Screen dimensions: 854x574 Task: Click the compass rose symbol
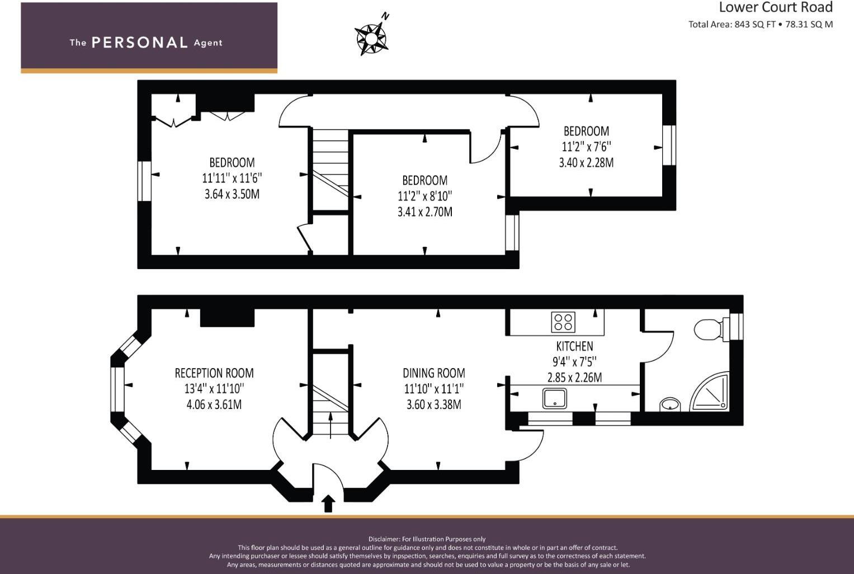(x=371, y=39)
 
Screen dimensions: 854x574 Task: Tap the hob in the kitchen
(x=563, y=322)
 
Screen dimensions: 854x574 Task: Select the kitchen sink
(x=555, y=398)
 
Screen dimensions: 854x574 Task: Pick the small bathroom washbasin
(x=670, y=404)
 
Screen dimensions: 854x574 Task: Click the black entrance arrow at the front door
(x=328, y=504)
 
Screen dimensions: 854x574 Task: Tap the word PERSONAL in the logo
(x=140, y=43)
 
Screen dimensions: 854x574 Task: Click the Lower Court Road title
(x=776, y=7)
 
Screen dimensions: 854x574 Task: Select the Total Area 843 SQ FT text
(x=732, y=25)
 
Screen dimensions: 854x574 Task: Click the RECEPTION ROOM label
(x=214, y=373)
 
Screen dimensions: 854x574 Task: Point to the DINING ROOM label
(x=434, y=373)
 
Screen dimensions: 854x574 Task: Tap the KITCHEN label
(x=574, y=346)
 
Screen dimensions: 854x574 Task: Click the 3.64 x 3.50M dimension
(x=232, y=194)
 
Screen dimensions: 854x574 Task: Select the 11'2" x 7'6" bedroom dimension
(x=586, y=147)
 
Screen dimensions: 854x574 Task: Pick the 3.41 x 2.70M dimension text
(x=424, y=211)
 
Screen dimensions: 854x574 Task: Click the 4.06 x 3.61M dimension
(x=214, y=404)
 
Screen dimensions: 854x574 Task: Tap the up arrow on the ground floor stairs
(x=331, y=425)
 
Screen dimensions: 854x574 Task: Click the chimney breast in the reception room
(x=227, y=317)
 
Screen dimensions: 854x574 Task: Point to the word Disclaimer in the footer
(x=384, y=539)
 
